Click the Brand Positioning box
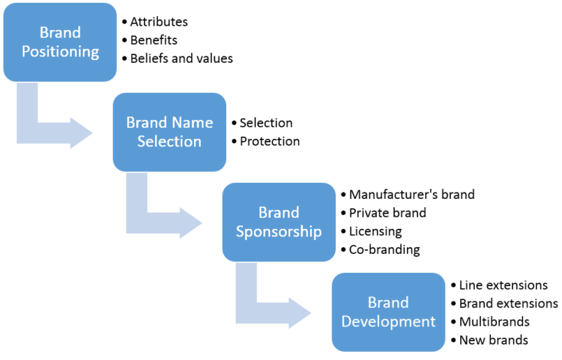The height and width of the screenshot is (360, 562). coord(60,42)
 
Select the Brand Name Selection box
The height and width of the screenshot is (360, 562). coord(169,132)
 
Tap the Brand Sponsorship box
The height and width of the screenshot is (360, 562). coord(279,222)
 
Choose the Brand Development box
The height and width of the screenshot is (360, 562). coord(389,312)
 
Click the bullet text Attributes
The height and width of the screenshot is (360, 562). coord(159,22)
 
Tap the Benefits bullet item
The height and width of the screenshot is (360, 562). coord(154,40)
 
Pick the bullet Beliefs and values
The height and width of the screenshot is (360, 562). coord(181,59)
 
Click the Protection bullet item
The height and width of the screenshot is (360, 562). coord(269,141)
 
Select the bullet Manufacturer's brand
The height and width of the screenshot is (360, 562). coord(411,195)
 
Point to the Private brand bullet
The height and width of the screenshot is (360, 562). coord(387,213)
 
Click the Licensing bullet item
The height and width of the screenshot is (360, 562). coord(375,231)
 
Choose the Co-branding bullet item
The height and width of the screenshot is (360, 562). coord(384,250)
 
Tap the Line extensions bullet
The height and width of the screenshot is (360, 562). coord(503,285)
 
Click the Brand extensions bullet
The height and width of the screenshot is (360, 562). coord(508,303)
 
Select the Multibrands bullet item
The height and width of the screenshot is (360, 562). coord(493,321)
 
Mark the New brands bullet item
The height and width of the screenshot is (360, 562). coord(493,340)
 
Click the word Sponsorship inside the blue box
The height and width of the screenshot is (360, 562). coord(279,232)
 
